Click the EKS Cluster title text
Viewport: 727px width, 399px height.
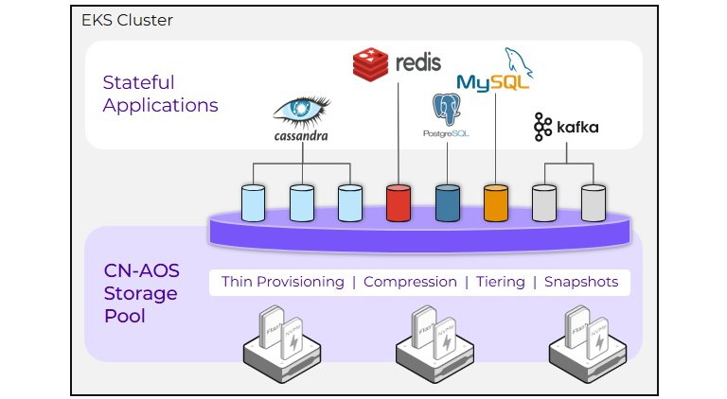pos(127,20)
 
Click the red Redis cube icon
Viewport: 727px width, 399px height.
pos(370,63)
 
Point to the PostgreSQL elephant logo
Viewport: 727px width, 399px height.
pos(446,113)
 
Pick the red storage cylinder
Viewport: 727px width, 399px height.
pos(398,202)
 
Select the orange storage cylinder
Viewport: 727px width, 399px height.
pos(495,202)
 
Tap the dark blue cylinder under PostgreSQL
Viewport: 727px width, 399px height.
pos(447,202)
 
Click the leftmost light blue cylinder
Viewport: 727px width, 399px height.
pos(253,202)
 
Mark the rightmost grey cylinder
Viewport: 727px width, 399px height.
pos(593,202)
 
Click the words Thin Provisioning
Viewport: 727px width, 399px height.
pos(282,282)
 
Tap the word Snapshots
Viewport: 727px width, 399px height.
pos(580,282)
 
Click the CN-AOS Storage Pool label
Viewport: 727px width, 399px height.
pos(140,292)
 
